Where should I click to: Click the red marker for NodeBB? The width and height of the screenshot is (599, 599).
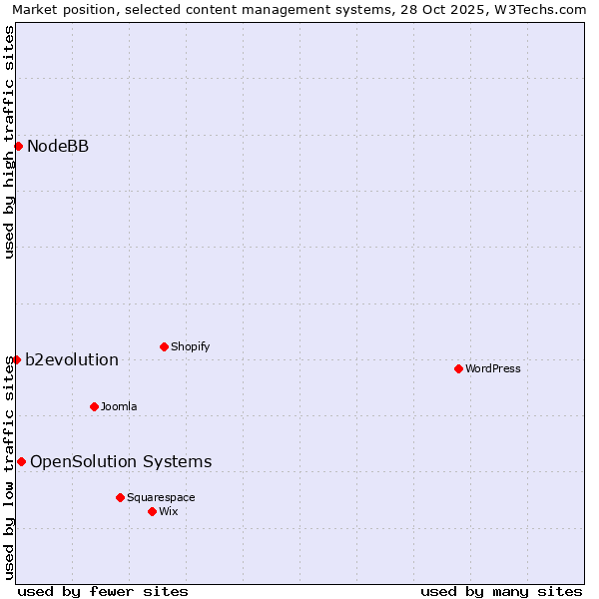pyautogui.click(x=18, y=147)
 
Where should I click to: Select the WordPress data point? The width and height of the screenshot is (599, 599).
pyautogui.click(x=458, y=368)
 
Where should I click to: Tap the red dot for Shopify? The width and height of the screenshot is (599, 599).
pyautogui.click(x=164, y=346)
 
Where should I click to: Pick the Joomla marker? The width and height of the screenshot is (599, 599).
pyautogui.click(x=94, y=406)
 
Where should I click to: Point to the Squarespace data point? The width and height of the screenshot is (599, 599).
pyautogui.click(x=120, y=497)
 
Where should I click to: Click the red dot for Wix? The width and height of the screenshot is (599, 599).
pyautogui.click(x=152, y=511)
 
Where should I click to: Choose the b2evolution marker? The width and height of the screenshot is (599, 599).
pyautogui.click(x=16, y=359)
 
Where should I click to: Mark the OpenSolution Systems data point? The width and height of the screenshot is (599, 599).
pyautogui.click(x=21, y=461)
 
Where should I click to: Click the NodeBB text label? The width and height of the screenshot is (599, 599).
pyautogui.click(x=58, y=147)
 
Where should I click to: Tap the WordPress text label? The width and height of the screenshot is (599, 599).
pyautogui.click(x=493, y=368)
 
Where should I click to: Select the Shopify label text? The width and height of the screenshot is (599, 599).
pyautogui.click(x=190, y=346)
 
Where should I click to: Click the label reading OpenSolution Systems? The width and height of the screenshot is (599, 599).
pyautogui.click(x=121, y=461)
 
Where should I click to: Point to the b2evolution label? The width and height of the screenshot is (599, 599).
pyautogui.click(x=72, y=359)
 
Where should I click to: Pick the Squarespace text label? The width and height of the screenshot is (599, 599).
pyautogui.click(x=161, y=497)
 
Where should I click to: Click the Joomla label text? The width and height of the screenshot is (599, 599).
pyautogui.click(x=119, y=406)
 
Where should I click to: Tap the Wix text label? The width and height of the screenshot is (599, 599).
pyautogui.click(x=169, y=511)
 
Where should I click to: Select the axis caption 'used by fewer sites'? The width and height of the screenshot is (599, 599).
pyautogui.click(x=103, y=591)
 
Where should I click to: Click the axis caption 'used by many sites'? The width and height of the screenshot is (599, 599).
pyautogui.click(x=501, y=591)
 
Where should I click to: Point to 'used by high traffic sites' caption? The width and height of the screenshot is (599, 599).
pyautogui.click(x=10, y=142)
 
